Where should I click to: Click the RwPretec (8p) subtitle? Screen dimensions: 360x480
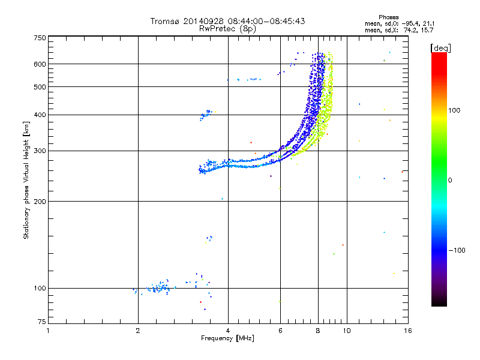pos(227,28)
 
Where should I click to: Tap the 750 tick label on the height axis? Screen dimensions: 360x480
pos(40,38)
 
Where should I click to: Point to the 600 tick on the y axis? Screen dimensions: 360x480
pos(40,64)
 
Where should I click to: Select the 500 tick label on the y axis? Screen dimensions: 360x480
pos(40,87)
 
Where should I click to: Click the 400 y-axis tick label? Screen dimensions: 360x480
pos(40,115)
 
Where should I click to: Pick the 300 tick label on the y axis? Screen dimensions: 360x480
pos(40,151)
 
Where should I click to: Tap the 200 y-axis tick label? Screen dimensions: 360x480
pos(40,202)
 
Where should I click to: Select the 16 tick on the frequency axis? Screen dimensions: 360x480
pos(407,331)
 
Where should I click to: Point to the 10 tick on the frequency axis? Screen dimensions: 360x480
pos(346,331)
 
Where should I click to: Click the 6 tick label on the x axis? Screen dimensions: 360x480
pos(280,331)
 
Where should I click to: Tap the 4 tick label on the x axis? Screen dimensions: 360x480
pos(228,331)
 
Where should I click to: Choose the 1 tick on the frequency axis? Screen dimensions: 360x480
pos(49,331)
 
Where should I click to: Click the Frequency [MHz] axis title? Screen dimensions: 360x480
pos(227,338)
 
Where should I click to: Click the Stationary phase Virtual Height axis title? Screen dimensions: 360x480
pos(26,180)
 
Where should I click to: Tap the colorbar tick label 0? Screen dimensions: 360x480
pos(450,180)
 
